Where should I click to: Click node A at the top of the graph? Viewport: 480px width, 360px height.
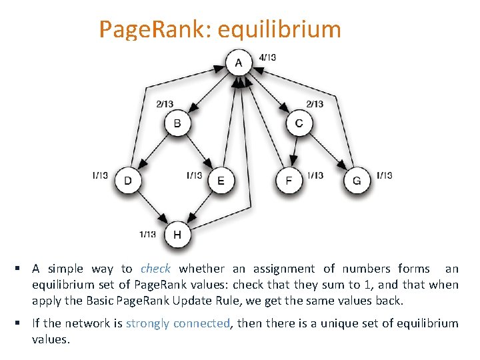(239, 63)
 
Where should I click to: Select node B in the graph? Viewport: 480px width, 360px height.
(177, 123)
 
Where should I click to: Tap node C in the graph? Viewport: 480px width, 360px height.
(299, 123)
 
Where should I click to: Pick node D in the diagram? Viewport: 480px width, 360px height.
(127, 181)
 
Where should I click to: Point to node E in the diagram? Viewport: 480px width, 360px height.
(221, 181)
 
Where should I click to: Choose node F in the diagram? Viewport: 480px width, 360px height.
(289, 181)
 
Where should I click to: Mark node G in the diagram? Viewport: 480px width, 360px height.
(357, 181)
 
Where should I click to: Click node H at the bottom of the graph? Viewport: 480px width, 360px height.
(177, 235)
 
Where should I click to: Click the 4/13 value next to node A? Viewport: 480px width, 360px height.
(267, 57)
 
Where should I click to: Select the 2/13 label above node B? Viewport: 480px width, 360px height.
(165, 103)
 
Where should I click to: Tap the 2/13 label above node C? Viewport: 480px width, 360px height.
(315, 103)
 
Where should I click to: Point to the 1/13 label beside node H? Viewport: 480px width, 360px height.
(147, 234)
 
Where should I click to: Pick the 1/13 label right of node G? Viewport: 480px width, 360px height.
(384, 175)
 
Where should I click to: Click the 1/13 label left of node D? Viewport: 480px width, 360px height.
(100, 175)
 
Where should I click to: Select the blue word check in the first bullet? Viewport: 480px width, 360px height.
(155, 269)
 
